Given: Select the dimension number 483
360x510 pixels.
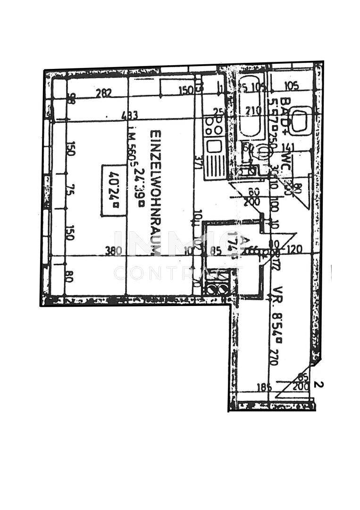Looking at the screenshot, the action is pos(129,115).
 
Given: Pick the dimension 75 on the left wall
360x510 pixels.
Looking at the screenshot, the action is pos(69,191).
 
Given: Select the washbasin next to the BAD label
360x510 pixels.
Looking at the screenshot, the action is pos(300,121).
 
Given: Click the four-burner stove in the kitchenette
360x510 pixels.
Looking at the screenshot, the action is pos(214,124).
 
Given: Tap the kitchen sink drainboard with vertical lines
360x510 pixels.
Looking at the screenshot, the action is pos(215,161).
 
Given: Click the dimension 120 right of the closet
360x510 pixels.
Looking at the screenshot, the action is pos(295,250).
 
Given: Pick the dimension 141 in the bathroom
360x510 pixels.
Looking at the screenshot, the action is pos(287,147).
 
